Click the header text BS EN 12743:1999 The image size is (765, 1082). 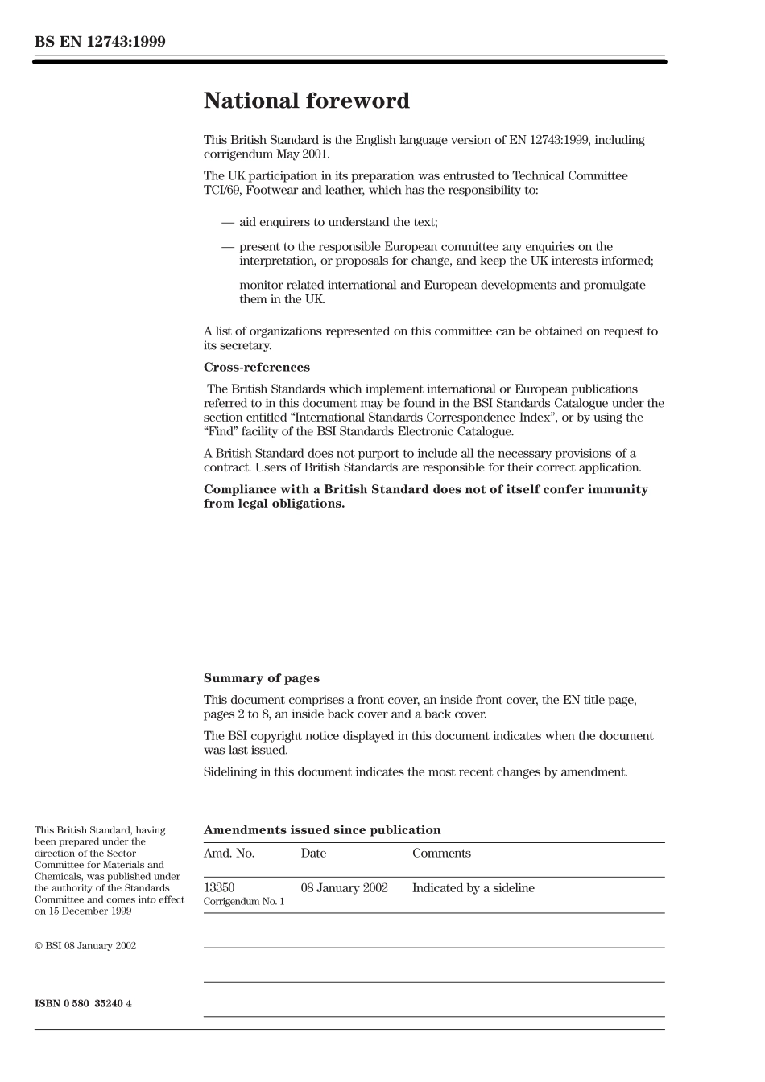point(100,42)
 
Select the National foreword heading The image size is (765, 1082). point(306,101)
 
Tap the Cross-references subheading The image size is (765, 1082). point(256,368)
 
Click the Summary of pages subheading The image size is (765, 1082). point(261,678)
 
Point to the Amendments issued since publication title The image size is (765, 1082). point(322,830)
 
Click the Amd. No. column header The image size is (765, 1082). point(229,854)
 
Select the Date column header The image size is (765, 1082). point(313,854)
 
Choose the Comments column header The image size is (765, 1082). point(441,854)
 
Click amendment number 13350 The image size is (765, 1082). point(219,888)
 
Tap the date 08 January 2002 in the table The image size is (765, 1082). point(344,888)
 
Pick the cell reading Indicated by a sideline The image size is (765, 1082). point(473,888)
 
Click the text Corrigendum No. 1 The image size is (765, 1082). point(244,902)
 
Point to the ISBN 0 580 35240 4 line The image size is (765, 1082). point(83,1003)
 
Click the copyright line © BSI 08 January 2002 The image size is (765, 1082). point(85,946)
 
